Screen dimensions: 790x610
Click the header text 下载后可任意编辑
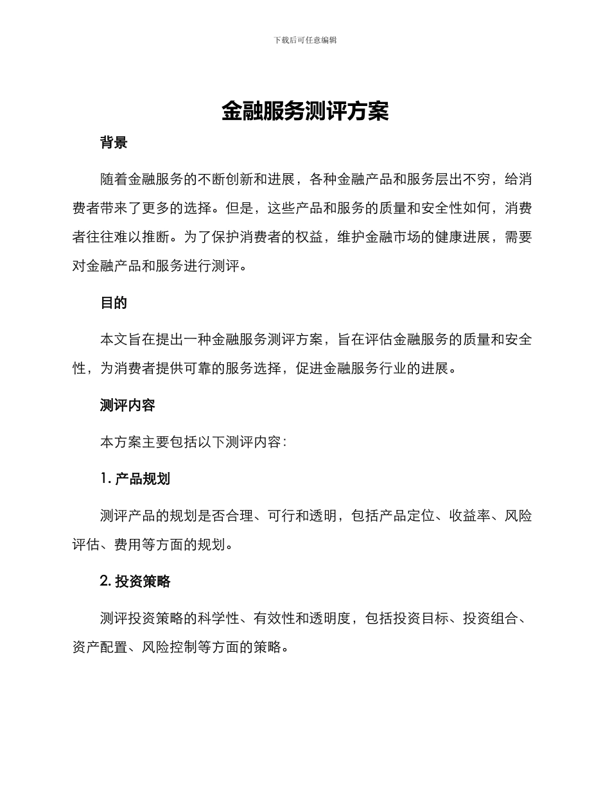pyautogui.click(x=305, y=40)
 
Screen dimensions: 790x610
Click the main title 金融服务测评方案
pyautogui.click(x=305, y=111)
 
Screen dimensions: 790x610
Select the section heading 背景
pyautogui.click(x=114, y=143)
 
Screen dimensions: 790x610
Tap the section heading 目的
pyautogui.click(x=114, y=303)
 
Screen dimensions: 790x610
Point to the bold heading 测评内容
pyautogui.click(x=128, y=405)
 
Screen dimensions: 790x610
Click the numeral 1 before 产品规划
pyautogui.click(x=103, y=479)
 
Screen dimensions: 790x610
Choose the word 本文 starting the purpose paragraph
pyautogui.click(x=114, y=340)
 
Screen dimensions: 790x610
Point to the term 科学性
pyautogui.click(x=219, y=619)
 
